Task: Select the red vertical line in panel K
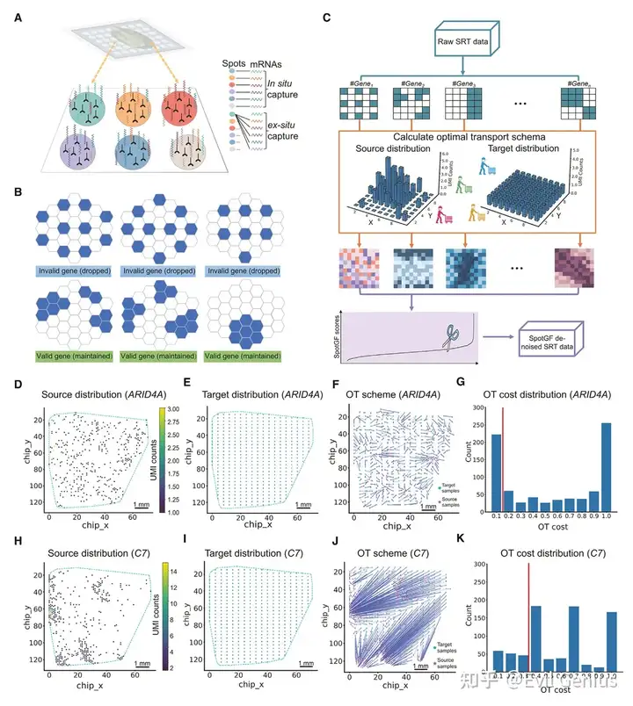(x=528, y=615)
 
